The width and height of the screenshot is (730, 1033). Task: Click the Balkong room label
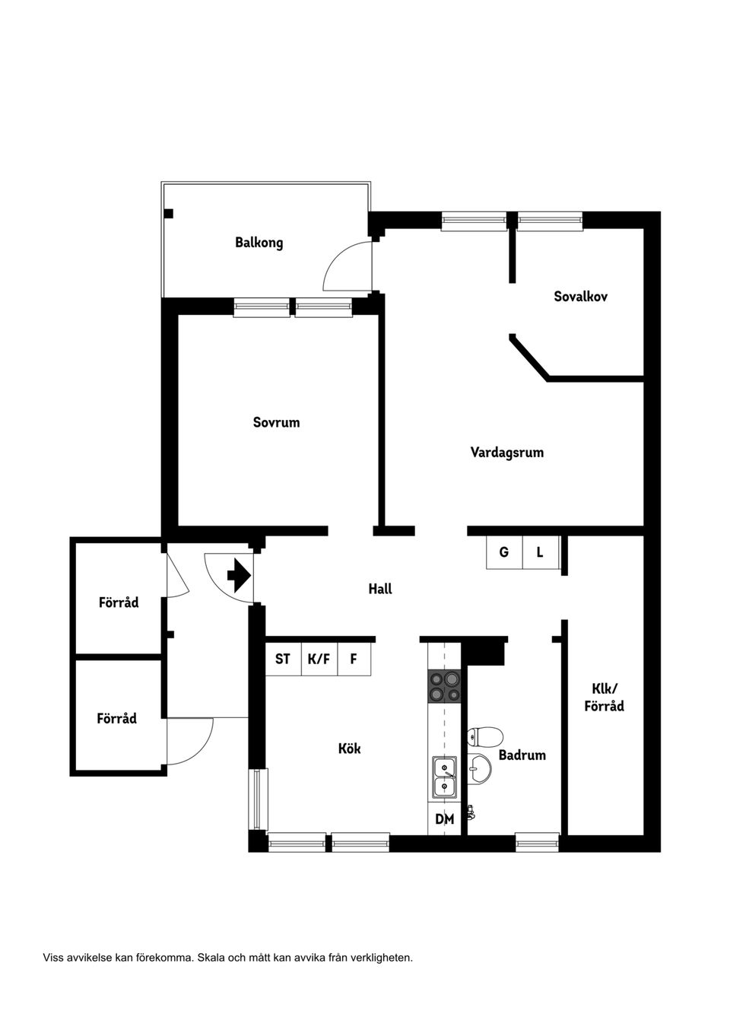pyautogui.click(x=259, y=243)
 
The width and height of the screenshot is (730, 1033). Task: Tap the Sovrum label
pyautogui.click(x=277, y=422)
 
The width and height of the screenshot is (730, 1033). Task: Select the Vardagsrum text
pyautogui.click(x=507, y=453)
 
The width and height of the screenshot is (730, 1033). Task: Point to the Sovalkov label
pyautogui.click(x=581, y=296)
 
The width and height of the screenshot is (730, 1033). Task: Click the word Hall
pyautogui.click(x=380, y=589)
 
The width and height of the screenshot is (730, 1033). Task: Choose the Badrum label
pyautogui.click(x=522, y=755)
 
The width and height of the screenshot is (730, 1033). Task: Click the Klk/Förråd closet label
pyautogui.click(x=605, y=698)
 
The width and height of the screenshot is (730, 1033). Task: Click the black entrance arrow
pyautogui.click(x=239, y=576)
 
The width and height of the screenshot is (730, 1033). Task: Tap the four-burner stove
pyautogui.click(x=444, y=686)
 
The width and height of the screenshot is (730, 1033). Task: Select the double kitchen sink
pyautogui.click(x=445, y=777)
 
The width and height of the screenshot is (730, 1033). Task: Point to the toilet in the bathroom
pyautogui.click(x=484, y=736)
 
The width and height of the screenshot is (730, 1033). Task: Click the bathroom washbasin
pyautogui.click(x=479, y=769)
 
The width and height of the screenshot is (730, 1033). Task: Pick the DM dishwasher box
pyautogui.click(x=444, y=818)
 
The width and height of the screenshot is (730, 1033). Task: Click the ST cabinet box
pyautogui.click(x=283, y=659)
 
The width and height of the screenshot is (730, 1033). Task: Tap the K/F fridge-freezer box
pyautogui.click(x=319, y=659)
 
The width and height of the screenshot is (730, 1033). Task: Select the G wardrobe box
pyautogui.click(x=505, y=552)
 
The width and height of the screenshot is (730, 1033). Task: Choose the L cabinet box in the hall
pyautogui.click(x=541, y=552)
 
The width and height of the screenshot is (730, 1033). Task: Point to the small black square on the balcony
pyautogui.click(x=169, y=214)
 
